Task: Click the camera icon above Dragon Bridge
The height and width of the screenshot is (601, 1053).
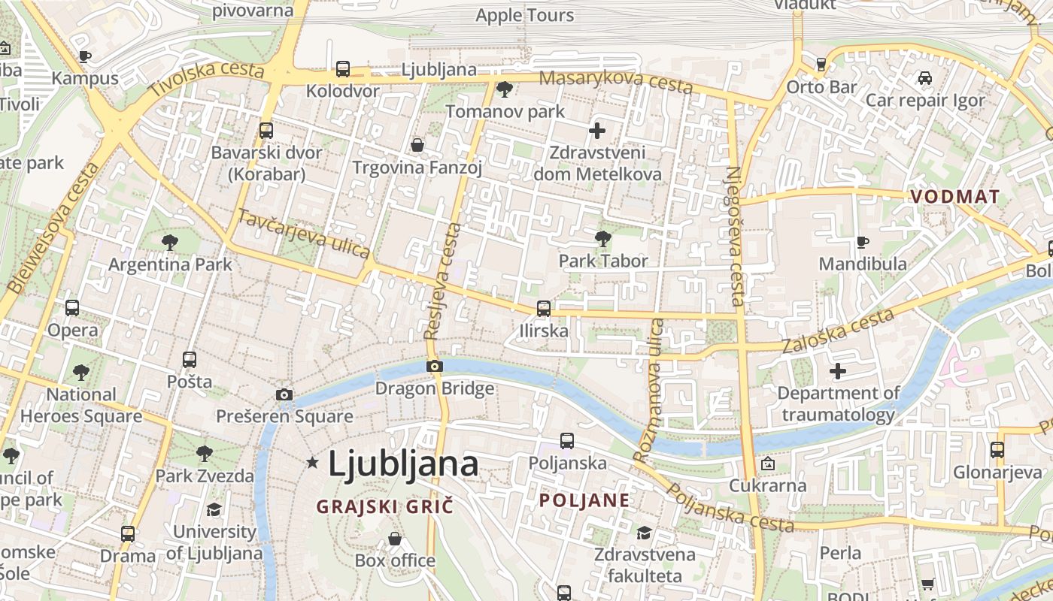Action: pos(434,367)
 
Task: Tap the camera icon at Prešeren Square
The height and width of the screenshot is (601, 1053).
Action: pos(284,394)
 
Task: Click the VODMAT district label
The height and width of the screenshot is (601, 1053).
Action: pos(955,197)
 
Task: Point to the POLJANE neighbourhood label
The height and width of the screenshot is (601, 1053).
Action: pos(584,500)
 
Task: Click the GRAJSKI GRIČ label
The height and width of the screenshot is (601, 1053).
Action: pos(385,506)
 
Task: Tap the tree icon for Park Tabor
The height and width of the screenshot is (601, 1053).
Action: pos(602,239)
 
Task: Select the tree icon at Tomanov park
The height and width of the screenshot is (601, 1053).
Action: pos(505,89)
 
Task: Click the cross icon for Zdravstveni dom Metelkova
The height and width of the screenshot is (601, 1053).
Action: pos(597,131)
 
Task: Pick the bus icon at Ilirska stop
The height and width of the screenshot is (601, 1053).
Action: pos(543,308)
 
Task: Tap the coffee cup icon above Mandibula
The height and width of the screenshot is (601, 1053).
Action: pos(862,242)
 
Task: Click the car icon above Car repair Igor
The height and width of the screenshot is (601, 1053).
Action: pos(925,78)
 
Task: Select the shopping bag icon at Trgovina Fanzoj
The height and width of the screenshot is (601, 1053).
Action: pos(417,144)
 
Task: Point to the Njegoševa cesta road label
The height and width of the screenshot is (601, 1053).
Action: pos(734,236)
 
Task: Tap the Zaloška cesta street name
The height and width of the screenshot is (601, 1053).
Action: pos(838,331)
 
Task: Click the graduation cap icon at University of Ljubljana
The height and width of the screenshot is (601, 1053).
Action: pos(214,509)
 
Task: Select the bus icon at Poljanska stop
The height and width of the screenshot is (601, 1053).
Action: pos(567,441)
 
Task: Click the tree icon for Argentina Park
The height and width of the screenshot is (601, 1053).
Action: pos(170,242)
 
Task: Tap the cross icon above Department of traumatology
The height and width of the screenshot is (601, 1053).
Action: pos(838,370)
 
